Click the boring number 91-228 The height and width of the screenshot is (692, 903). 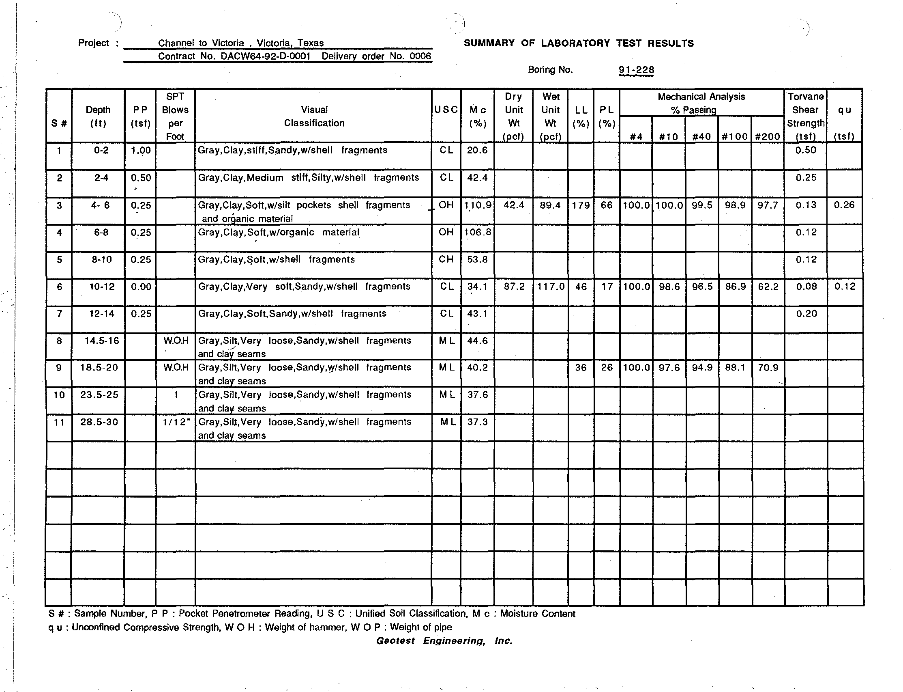click(636, 70)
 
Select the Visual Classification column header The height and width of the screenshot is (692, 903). click(314, 116)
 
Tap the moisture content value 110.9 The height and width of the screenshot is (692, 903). click(477, 205)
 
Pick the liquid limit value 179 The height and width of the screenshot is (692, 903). click(581, 205)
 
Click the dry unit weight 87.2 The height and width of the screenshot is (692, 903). click(514, 287)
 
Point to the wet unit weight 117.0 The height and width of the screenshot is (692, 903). click(551, 287)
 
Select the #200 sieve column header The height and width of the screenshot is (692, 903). click(768, 137)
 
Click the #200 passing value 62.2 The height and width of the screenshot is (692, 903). click(768, 287)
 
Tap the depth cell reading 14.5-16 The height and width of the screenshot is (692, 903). click(99, 341)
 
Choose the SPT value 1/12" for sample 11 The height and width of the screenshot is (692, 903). click(176, 422)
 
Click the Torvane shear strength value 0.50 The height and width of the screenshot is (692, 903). click(805, 150)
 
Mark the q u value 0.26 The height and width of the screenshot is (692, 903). click(844, 205)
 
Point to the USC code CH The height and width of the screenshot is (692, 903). click(446, 259)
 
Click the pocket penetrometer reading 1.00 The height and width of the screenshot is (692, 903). click(141, 151)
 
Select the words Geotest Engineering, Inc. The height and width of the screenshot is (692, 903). click(444, 641)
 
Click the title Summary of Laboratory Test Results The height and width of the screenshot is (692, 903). click(579, 43)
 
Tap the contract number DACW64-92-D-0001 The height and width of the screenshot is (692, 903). click(265, 56)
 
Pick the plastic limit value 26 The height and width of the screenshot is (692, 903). click(607, 367)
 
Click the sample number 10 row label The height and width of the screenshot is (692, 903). click(59, 395)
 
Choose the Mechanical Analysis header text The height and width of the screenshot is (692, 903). click(701, 97)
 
